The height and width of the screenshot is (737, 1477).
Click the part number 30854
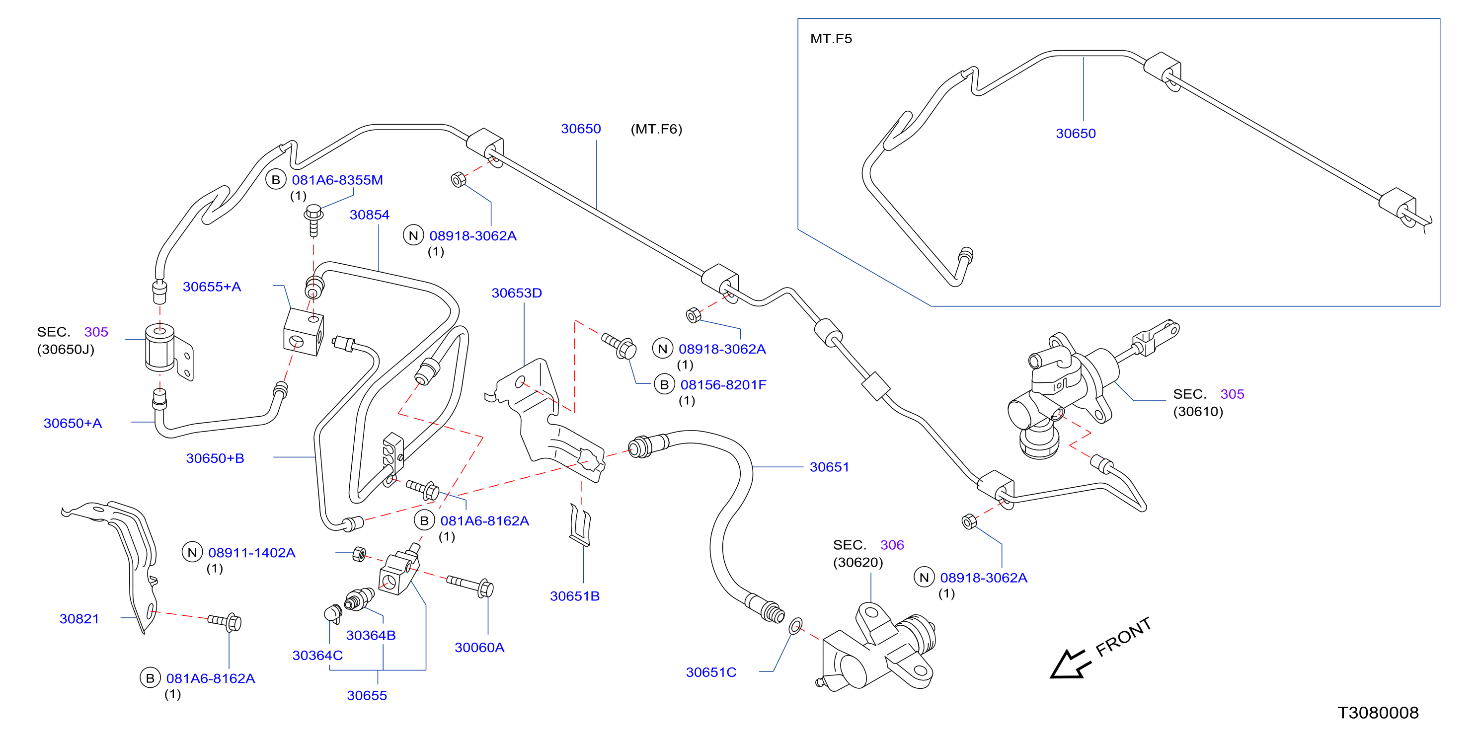click(x=369, y=215)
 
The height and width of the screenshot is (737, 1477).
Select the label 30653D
click(x=517, y=293)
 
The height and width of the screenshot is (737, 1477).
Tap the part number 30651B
click(x=574, y=596)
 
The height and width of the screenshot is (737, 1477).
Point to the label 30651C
click(x=711, y=672)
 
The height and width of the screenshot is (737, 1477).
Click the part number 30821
click(x=79, y=619)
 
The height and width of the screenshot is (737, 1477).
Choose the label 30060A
click(x=479, y=648)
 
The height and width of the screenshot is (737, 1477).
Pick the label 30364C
click(x=317, y=656)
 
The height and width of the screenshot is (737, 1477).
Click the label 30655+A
click(x=212, y=287)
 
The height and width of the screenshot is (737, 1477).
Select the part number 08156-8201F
click(x=723, y=385)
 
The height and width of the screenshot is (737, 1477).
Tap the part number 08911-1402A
click(x=252, y=553)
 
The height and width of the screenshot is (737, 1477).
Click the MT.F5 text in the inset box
click(x=831, y=39)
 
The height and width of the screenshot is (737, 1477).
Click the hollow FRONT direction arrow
click(x=1069, y=664)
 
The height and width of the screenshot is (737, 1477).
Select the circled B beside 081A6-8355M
click(x=276, y=180)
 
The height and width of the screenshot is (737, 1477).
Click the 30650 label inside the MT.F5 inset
click(x=1076, y=134)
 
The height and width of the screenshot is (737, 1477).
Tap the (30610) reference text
click(x=1198, y=412)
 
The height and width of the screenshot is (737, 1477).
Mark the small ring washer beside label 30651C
click(x=795, y=626)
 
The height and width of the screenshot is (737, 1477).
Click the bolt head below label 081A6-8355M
click(x=313, y=213)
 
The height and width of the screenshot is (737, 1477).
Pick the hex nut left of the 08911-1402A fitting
click(x=359, y=554)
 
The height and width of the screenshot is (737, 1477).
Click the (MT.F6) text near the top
click(x=656, y=129)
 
